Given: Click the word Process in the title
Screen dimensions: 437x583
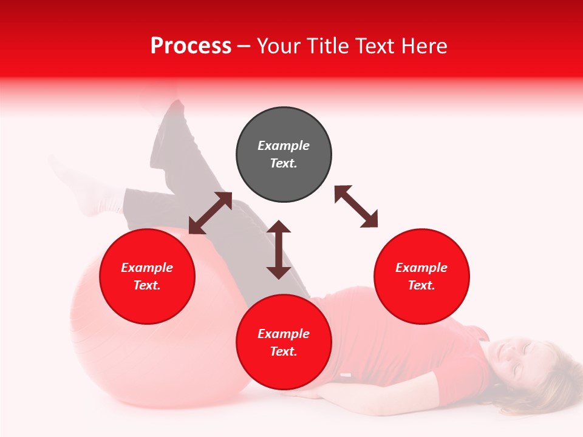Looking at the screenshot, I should pos(191,46).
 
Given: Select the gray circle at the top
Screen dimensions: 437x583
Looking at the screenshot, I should pos(284,154).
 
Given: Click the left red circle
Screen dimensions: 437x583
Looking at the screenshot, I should pos(147,276).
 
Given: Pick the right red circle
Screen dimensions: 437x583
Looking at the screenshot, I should pos(421,276).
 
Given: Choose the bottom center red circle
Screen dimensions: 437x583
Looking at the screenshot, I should pos(284,342).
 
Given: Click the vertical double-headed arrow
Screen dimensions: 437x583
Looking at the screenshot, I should pos(279,249).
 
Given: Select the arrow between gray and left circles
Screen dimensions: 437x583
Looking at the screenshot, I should pos(210,213).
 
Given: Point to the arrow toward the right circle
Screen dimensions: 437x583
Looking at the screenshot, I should pos(356,206).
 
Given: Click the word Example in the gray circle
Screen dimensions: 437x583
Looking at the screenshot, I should pos(284,146).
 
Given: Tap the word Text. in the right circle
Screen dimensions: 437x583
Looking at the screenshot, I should pos(421,285).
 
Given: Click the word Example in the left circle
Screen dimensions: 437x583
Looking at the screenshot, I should pos(147,268).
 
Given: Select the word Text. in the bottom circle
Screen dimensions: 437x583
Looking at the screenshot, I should pos(284,351).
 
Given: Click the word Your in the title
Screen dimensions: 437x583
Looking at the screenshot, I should pos(277,46).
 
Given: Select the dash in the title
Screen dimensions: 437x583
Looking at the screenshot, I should pos(244,46).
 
